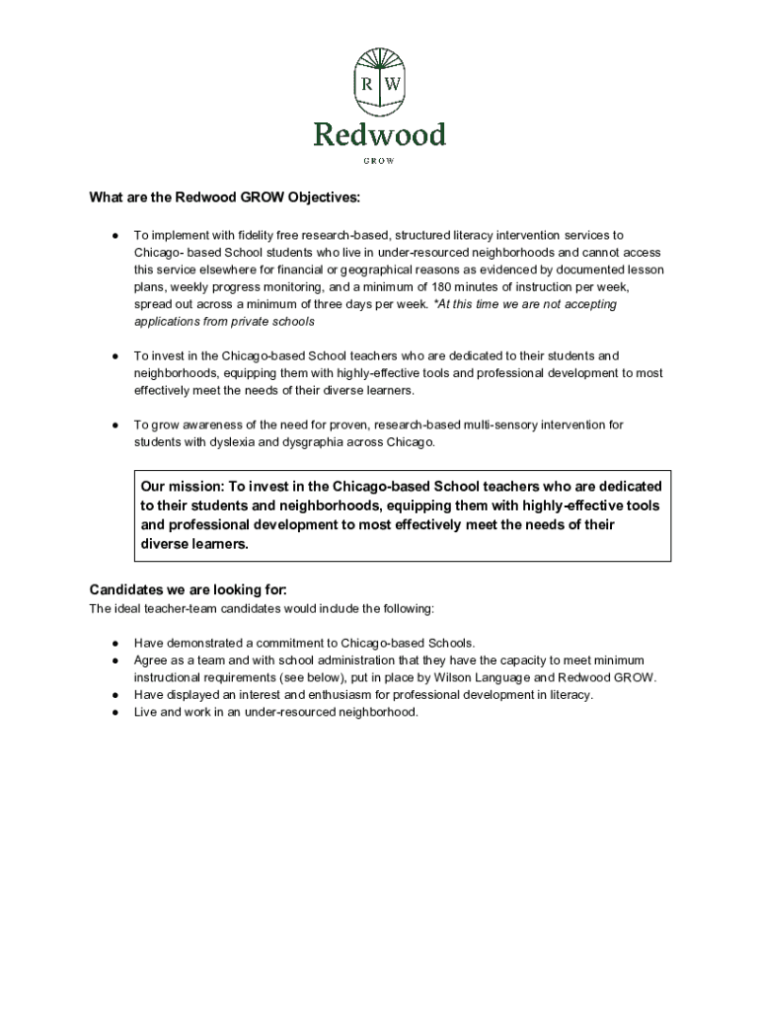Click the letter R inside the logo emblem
point(367,85)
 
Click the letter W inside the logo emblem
point(392,85)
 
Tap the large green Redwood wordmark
point(380,134)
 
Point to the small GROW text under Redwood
point(380,160)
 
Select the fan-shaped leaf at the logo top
point(380,59)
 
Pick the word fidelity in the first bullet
point(260,235)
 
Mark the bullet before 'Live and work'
point(115,712)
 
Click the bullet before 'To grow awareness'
point(115,425)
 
